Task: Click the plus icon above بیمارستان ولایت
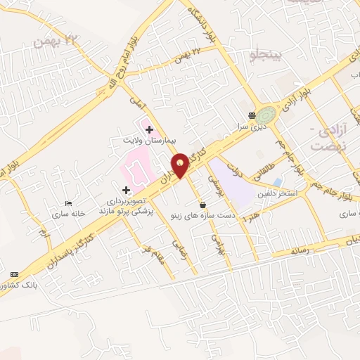[x=149, y=129]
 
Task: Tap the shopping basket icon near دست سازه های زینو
[x=203, y=205]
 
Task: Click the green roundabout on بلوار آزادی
[x=266, y=115]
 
